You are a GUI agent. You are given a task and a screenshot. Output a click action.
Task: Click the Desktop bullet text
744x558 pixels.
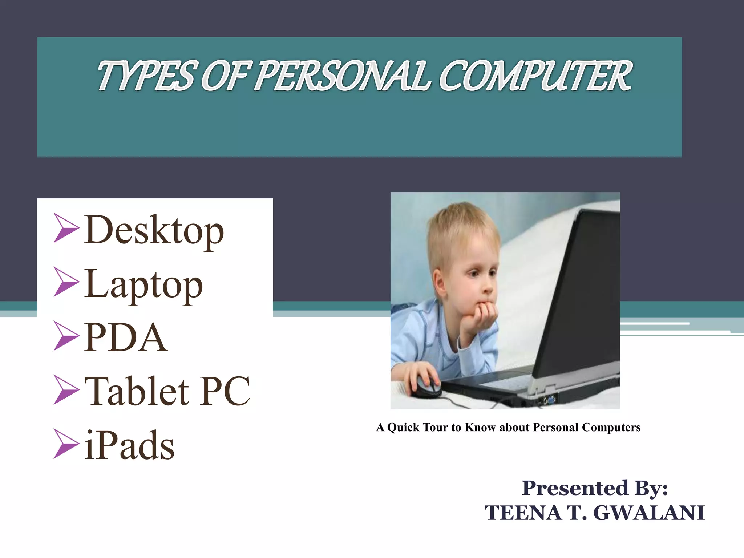pyautogui.click(x=154, y=230)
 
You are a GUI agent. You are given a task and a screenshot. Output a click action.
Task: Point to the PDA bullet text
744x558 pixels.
pyautogui.click(x=126, y=337)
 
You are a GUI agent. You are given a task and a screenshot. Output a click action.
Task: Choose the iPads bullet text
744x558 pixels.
pyautogui.click(x=129, y=445)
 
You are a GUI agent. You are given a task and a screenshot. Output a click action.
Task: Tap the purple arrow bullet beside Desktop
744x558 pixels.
pyautogui.click(x=66, y=228)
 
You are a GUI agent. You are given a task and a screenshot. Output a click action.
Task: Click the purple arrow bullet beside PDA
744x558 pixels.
pyautogui.click(x=66, y=336)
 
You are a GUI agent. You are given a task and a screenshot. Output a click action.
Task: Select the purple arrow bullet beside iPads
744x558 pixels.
pyautogui.click(x=66, y=444)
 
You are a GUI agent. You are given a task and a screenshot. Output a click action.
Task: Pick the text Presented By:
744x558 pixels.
pyautogui.click(x=595, y=488)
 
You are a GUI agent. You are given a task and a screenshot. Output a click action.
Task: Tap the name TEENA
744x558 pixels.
pyautogui.click(x=523, y=513)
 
